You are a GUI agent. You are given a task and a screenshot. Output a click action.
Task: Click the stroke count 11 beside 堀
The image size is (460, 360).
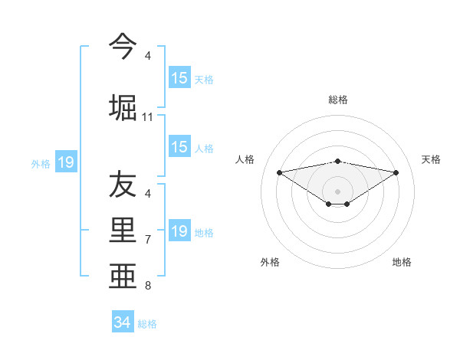click(148, 117)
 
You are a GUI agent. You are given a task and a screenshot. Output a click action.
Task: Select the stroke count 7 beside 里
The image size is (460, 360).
click(148, 240)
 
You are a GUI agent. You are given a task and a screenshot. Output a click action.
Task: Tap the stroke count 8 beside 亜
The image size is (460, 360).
click(148, 286)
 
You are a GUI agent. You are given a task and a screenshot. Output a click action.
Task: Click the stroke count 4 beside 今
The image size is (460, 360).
click(148, 56)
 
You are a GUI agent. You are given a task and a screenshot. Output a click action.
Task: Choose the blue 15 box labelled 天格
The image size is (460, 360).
click(179, 78)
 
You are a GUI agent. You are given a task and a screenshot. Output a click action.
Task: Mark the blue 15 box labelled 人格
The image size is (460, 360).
click(179, 147)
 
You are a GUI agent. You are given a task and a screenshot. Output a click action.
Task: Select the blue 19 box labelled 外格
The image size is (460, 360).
click(66, 162)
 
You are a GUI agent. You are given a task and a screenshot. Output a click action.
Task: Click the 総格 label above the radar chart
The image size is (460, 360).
click(338, 100)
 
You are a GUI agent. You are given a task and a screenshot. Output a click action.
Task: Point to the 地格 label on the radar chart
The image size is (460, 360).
click(402, 262)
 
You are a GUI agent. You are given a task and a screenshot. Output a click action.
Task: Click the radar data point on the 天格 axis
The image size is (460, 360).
click(396, 172)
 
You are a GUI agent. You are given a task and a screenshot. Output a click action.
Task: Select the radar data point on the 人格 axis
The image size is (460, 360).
click(279, 172)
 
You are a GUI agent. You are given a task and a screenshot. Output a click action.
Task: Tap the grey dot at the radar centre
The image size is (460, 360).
click(338, 190)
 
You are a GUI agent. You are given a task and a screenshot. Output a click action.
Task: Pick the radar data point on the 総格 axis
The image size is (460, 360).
click(338, 161)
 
